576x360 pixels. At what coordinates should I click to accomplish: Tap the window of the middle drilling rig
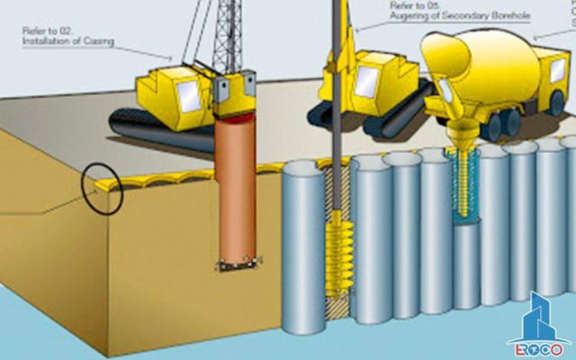pyautogui.click(x=366, y=81)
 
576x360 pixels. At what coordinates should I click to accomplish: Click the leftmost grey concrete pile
pyautogui.click(x=303, y=243)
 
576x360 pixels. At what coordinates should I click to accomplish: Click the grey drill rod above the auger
pyautogui.click(x=340, y=108)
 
